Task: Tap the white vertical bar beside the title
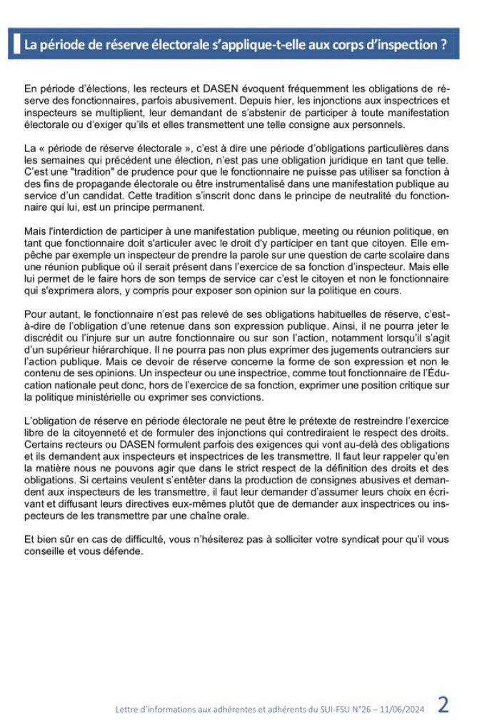(16, 44)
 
